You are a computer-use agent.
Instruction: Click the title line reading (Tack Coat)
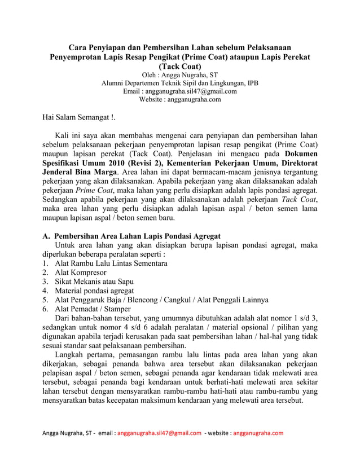point(179,66)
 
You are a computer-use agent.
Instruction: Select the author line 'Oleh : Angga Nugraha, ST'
point(179,74)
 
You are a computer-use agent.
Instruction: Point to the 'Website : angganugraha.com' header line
point(179,99)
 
